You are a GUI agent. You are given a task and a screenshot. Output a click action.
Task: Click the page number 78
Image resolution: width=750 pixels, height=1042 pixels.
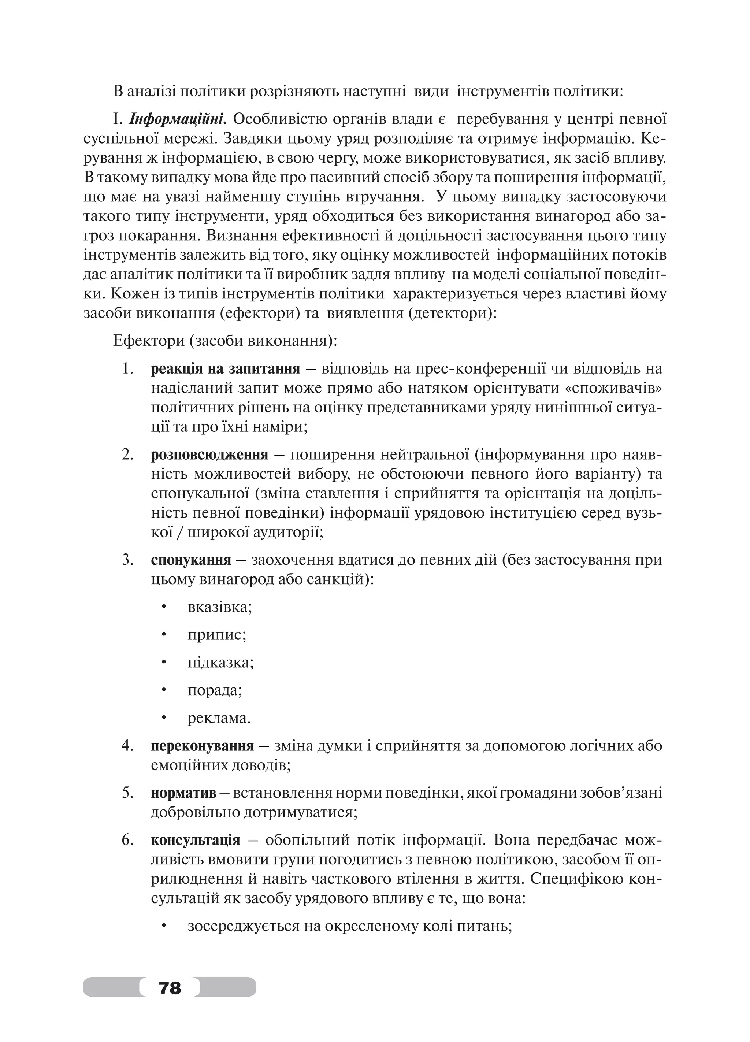[170, 987]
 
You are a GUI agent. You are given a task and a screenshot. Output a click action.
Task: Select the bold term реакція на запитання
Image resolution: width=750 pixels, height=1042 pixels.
[225, 368]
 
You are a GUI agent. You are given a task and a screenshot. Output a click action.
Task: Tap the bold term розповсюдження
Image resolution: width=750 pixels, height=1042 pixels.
[209, 455]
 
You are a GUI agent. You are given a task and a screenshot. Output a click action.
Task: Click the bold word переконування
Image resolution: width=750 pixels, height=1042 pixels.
[202, 745]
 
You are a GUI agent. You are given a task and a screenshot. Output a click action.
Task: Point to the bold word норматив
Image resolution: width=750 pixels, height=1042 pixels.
[183, 793]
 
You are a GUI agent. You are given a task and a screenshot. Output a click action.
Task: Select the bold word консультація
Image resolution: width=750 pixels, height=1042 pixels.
[195, 840]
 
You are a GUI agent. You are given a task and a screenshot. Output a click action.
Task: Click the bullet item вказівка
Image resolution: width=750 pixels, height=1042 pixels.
[219, 607]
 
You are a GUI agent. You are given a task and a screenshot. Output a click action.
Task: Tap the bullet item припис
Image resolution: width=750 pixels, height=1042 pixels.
[217, 635]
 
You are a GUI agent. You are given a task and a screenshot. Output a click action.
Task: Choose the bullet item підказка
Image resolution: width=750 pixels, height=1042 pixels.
[220, 663]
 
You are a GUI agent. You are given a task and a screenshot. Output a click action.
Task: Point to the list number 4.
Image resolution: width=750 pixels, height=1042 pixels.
[127, 745]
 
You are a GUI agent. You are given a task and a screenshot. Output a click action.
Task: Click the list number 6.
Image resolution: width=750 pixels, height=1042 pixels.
[127, 840]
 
